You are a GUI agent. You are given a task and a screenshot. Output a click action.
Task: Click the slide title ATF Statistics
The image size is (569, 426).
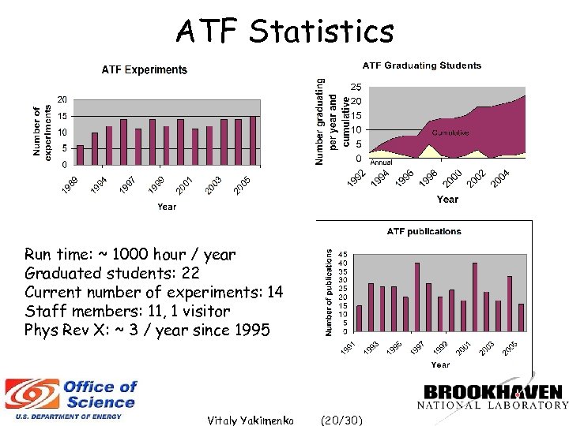tap(284, 32)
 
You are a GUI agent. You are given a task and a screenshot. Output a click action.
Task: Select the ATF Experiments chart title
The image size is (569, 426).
tap(145, 69)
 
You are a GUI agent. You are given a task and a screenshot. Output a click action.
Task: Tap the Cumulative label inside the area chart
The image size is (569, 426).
tap(450, 133)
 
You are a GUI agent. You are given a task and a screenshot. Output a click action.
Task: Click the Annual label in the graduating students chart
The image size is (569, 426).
tap(382, 163)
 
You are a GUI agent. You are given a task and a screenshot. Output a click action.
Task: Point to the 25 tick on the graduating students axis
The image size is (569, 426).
tap(356, 87)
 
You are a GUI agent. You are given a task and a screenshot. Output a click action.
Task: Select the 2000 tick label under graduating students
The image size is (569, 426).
tap(452, 180)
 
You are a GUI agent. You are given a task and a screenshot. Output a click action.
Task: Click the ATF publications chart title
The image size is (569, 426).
tap(423, 231)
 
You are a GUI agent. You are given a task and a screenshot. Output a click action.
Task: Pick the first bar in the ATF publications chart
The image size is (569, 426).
tap(360, 318)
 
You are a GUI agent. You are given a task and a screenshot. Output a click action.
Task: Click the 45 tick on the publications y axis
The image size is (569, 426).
tap(341, 255)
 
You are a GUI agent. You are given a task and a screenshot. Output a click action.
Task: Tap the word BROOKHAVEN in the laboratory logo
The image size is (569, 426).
tap(493, 392)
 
